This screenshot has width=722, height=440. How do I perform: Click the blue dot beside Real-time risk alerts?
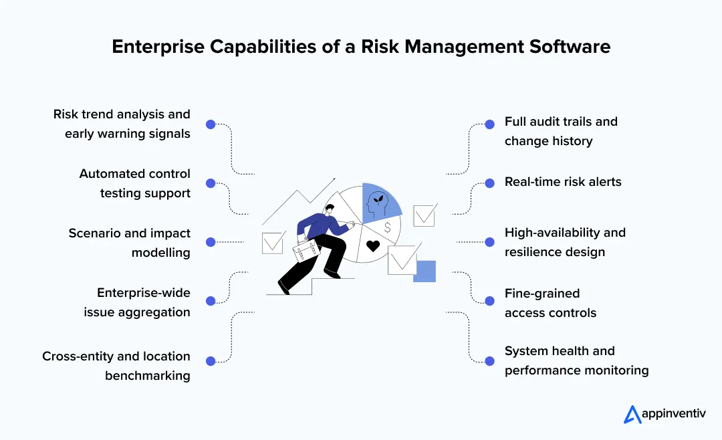pyautogui.click(x=490, y=182)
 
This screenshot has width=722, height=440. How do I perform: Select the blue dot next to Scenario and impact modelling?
pyautogui.click(x=210, y=242)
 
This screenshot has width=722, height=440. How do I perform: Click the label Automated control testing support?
pyautogui.click(x=134, y=183)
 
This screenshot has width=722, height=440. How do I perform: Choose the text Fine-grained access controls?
pyautogui.click(x=550, y=303)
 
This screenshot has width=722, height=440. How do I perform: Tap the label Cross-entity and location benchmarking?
pyautogui.click(x=116, y=366)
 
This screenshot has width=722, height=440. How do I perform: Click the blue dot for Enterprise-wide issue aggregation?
pyautogui.click(x=210, y=302)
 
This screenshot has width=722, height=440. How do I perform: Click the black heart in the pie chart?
pyautogui.click(x=373, y=245)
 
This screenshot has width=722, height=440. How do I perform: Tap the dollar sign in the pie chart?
pyautogui.click(x=387, y=227)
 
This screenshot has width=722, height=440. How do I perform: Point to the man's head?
pyautogui.click(x=329, y=212)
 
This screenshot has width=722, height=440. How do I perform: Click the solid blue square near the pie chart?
pyautogui.click(x=425, y=271)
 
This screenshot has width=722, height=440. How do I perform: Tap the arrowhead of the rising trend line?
pyautogui.click(x=332, y=181)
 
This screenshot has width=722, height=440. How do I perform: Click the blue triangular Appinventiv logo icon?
pyautogui.click(x=632, y=415)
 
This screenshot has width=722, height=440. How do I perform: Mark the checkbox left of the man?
pyautogui.click(x=273, y=242)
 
